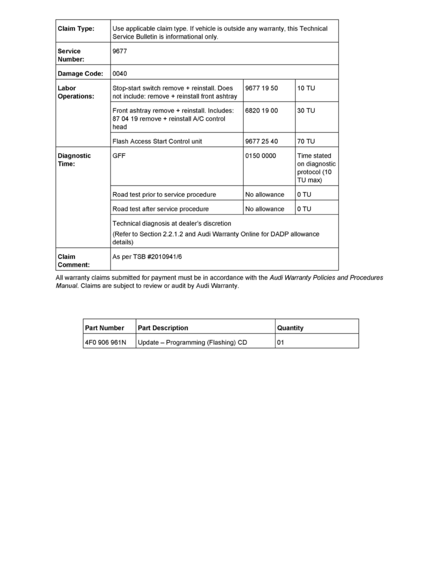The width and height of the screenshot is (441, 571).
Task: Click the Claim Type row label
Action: click(x=76, y=29)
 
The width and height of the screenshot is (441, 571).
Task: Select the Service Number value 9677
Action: click(x=120, y=51)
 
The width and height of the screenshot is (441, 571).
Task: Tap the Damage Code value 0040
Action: click(x=120, y=74)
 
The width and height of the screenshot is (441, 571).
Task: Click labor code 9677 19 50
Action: click(x=261, y=88)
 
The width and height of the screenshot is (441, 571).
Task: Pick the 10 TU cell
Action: click(x=306, y=88)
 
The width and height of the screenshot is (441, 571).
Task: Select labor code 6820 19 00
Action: click(x=261, y=111)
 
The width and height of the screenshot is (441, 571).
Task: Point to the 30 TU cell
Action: click(x=306, y=111)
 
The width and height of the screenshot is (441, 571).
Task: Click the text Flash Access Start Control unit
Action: click(x=157, y=141)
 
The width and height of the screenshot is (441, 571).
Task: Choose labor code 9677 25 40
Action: click(x=261, y=141)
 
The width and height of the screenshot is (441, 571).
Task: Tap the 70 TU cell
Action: click(x=306, y=141)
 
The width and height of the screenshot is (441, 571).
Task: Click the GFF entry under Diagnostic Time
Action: click(x=119, y=156)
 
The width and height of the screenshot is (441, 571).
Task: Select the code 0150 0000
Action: click(x=260, y=156)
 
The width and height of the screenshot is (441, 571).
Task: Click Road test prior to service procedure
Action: click(x=164, y=195)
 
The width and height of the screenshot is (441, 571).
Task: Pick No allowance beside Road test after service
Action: click(x=264, y=209)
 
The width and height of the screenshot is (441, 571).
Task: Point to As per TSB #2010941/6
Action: click(x=147, y=257)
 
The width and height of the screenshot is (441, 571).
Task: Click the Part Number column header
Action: click(x=104, y=328)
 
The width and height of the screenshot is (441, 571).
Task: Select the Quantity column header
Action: click(x=290, y=328)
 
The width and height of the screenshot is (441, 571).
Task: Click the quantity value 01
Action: click(x=281, y=343)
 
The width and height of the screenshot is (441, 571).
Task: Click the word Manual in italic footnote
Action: click(x=66, y=286)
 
